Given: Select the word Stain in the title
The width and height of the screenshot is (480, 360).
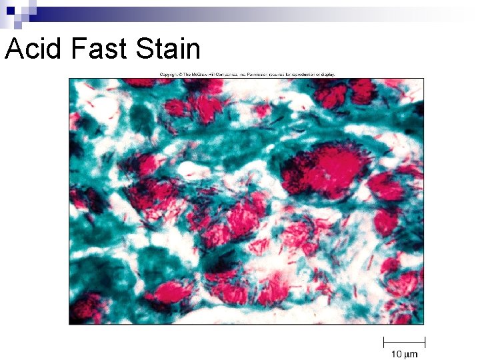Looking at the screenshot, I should pos(167,49).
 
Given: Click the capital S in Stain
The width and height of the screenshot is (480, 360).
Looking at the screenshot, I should pos(141,49).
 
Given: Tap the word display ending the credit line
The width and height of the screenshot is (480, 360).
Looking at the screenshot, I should pos(329,74).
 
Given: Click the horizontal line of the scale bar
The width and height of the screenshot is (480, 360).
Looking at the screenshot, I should pos(404,343).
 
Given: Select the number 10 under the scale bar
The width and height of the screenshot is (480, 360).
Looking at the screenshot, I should pos(395,354).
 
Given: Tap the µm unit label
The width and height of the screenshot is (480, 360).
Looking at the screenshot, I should pos(410,354).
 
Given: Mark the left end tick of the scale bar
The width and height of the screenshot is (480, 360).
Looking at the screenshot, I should pos(383,343).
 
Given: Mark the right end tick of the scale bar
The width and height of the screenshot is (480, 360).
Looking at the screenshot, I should pos(425,343).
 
